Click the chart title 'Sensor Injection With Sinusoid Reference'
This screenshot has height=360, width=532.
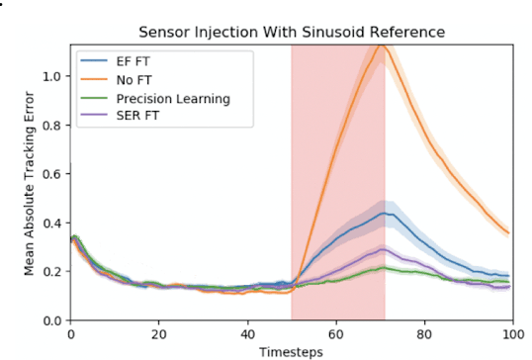(291, 33)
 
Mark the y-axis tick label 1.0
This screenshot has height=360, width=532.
(53, 77)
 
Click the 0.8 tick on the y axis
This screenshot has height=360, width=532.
(53, 126)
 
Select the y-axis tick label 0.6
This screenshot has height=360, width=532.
(53, 174)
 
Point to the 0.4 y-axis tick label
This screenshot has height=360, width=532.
(53, 224)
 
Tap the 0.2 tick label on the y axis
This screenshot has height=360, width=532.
(53, 272)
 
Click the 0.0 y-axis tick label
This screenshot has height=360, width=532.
(53, 320)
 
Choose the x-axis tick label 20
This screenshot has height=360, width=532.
(158, 334)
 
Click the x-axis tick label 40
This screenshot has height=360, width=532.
(247, 334)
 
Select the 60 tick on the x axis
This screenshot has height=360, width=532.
(336, 334)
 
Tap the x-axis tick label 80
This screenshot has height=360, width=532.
(424, 334)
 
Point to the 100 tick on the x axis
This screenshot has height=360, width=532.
(512, 334)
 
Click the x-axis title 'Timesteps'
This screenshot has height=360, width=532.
(291, 351)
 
